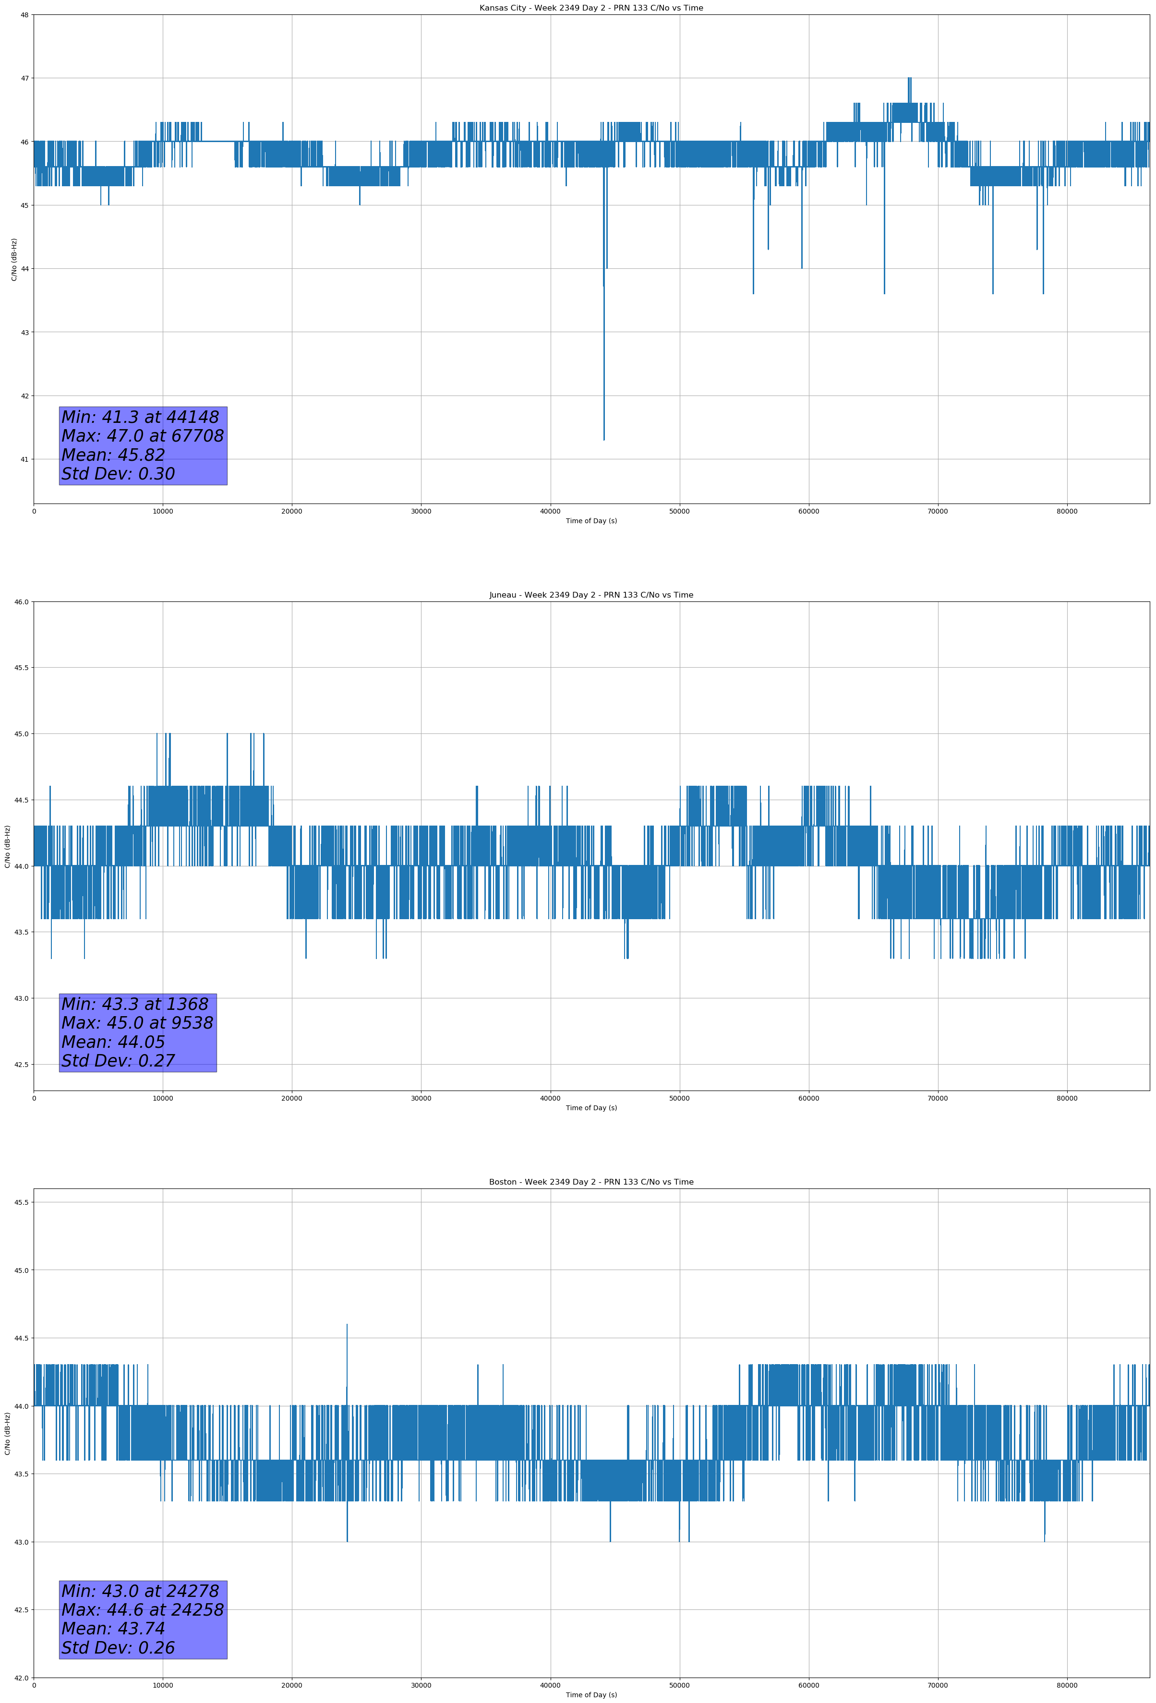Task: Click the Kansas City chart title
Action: coord(591,8)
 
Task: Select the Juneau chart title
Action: coord(591,595)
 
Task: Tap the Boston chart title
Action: coord(591,1182)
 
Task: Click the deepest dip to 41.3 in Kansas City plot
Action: coord(604,438)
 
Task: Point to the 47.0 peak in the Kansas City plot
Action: coord(909,79)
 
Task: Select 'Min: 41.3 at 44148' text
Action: coord(140,417)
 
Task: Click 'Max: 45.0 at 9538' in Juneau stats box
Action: coord(137,1023)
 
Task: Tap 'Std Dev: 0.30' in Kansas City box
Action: coord(118,474)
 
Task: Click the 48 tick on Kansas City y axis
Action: coord(25,15)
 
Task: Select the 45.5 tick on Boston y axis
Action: coord(21,1202)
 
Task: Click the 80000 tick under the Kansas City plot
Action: coord(1067,512)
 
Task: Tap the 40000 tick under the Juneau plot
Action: coord(550,1098)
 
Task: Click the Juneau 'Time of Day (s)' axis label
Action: coord(591,1108)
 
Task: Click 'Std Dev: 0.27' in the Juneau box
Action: coord(118,1061)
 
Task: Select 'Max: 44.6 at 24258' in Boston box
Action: coord(142,1610)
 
